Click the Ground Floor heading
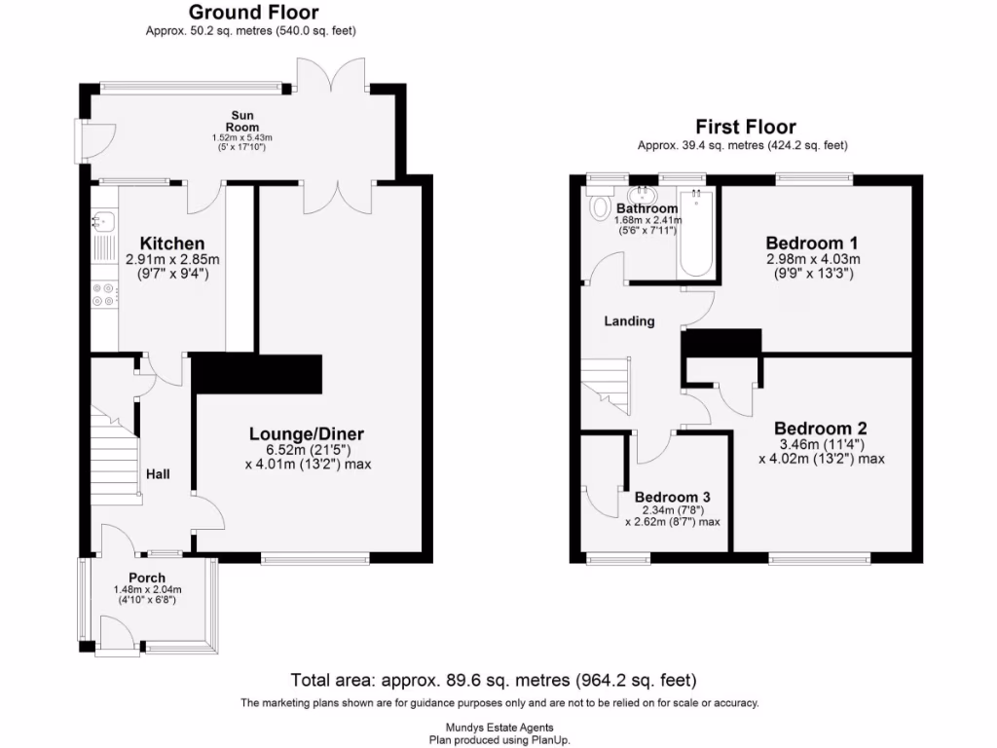point(252,13)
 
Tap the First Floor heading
point(745,128)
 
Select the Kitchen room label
point(172,243)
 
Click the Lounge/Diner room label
point(307,434)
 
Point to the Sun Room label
point(239,121)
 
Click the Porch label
point(148,578)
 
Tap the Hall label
point(159,474)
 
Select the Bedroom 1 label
point(812,243)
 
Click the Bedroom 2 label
point(821,429)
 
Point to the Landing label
point(629,320)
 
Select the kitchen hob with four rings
point(103,294)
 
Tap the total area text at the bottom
point(494,680)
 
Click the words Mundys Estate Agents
point(498,728)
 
